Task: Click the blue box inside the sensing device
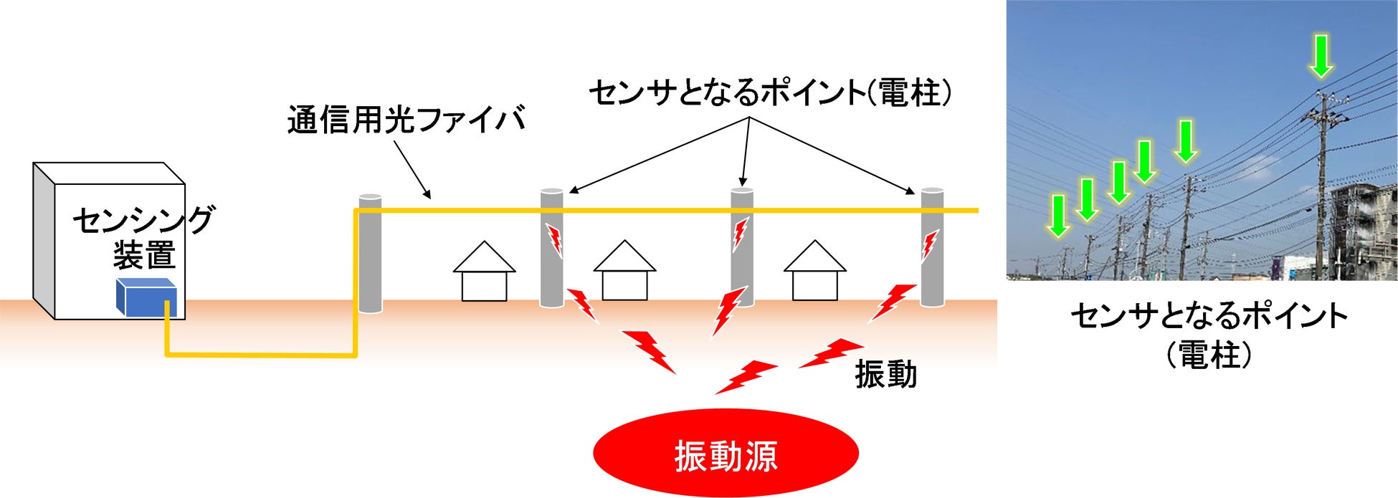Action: click(x=146, y=297)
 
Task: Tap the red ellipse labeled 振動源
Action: click(x=726, y=454)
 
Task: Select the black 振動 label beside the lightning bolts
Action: click(x=885, y=374)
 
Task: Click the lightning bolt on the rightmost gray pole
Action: click(x=929, y=246)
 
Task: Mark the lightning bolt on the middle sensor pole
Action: click(x=740, y=234)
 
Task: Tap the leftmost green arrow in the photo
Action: click(x=1057, y=216)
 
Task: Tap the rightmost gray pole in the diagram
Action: click(x=931, y=247)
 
